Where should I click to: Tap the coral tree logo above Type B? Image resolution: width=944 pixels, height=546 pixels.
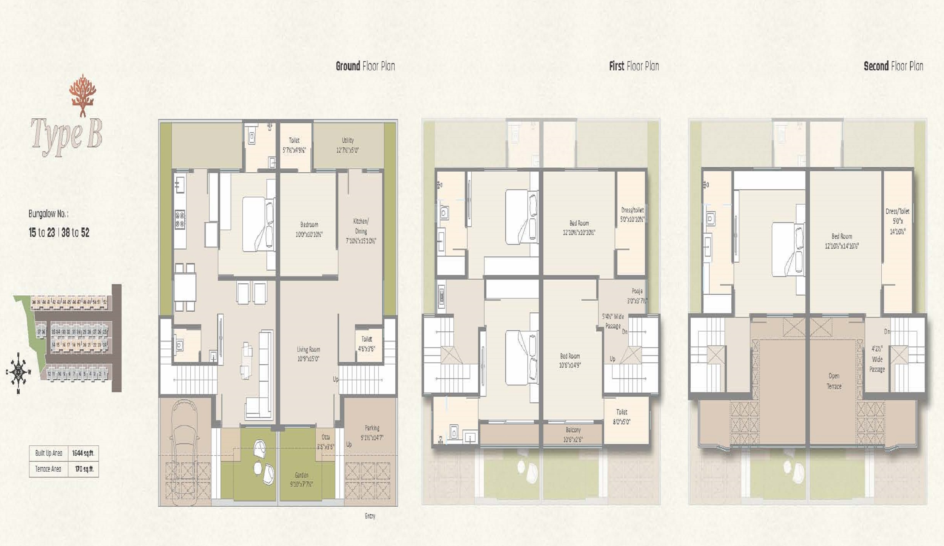(x=83, y=95)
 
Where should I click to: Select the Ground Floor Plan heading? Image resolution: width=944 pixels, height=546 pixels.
(x=365, y=67)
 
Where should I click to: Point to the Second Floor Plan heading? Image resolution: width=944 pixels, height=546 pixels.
(x=893, y=67)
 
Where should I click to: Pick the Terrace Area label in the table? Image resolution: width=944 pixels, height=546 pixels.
(x=48, y=469)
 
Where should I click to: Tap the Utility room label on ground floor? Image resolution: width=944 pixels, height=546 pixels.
(x=347, y=145)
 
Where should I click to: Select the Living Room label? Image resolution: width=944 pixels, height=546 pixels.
(x=308, y=354)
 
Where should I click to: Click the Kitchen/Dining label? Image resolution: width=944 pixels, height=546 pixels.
(x=361, y=230)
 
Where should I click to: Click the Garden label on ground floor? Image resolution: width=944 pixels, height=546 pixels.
(x=301, y=479)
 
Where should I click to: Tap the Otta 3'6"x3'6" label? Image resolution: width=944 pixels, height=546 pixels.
(x=325, y=442)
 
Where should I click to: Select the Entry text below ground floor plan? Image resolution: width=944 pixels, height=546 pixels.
(x=370, y=516)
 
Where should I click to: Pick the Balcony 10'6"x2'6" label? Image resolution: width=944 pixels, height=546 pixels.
(x=573, y=435)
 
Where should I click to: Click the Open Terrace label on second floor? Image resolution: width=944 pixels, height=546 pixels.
(x=834, y=381)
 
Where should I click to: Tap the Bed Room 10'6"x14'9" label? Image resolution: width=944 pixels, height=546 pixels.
(x=570, y=360)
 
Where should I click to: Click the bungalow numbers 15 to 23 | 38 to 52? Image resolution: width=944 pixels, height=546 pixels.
(x=59, y=232)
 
